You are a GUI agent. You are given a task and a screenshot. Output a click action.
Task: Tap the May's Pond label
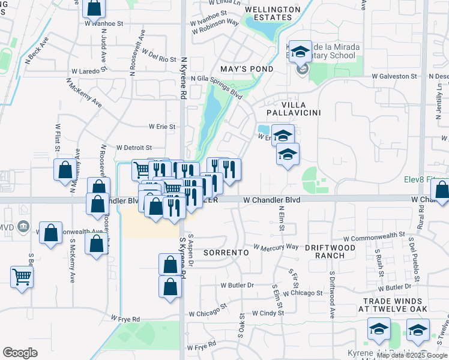(247, 69)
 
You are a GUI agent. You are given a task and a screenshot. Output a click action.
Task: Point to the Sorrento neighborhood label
(226, 253)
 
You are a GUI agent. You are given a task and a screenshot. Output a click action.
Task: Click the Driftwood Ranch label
(325, 251)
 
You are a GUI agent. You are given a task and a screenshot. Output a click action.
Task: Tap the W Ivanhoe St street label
(104, 23)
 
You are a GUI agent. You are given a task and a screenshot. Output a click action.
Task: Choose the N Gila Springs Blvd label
(216, 79)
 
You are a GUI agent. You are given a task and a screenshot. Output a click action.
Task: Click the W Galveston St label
(394, 76)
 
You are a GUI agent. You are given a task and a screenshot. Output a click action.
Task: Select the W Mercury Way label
(276, 247)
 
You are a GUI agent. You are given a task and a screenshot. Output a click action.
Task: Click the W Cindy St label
(268, 313)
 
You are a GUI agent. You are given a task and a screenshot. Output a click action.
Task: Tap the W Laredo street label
(85, 71)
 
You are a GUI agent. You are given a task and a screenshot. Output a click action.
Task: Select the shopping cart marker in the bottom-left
(22, 277)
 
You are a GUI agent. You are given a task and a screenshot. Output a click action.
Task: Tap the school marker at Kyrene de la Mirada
(300, 53)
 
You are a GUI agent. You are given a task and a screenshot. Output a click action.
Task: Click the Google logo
(20, 352)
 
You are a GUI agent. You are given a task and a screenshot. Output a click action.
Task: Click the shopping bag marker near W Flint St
(65, 170)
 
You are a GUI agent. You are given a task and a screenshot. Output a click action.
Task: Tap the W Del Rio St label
(159, 58)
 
